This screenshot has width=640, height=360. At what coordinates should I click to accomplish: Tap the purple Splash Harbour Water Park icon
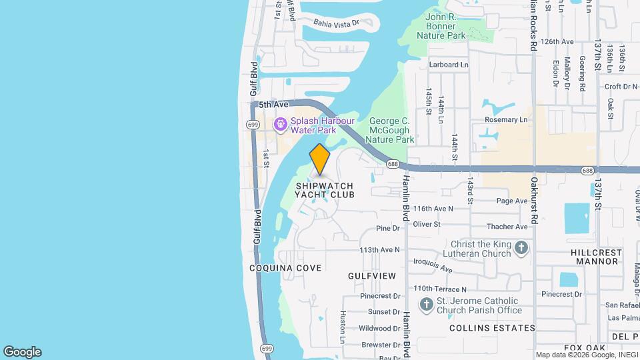pyautogui.click(x=281, y=123)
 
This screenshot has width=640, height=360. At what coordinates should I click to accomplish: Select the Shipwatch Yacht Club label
pyautogui.click(x=325, y=190)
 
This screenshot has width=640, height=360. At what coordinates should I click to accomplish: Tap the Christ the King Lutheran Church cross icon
pyautogui.click(x=521, y=249)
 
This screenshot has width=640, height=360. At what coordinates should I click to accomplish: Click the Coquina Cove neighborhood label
pyautogui.click(x=285, y=268)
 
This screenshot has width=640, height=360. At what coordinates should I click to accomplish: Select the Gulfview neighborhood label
pyautogui.click(x=372, y=275)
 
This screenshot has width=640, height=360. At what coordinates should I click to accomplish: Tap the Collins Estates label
pyautogui.click(x=492, y=328)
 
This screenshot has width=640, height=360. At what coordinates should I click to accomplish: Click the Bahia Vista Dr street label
pyautogui.click(x=336, y=23)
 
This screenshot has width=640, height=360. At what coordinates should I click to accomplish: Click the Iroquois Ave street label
pyautogui.click(x=433, y=265)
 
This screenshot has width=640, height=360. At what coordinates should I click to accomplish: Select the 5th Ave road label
pyautogui.click(x=273, y=105)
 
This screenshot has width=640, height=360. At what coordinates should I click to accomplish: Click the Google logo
pyautogui.click(x=22, y=352)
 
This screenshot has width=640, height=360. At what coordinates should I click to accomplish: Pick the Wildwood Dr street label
pyautogui.click(x=379, y=328)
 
